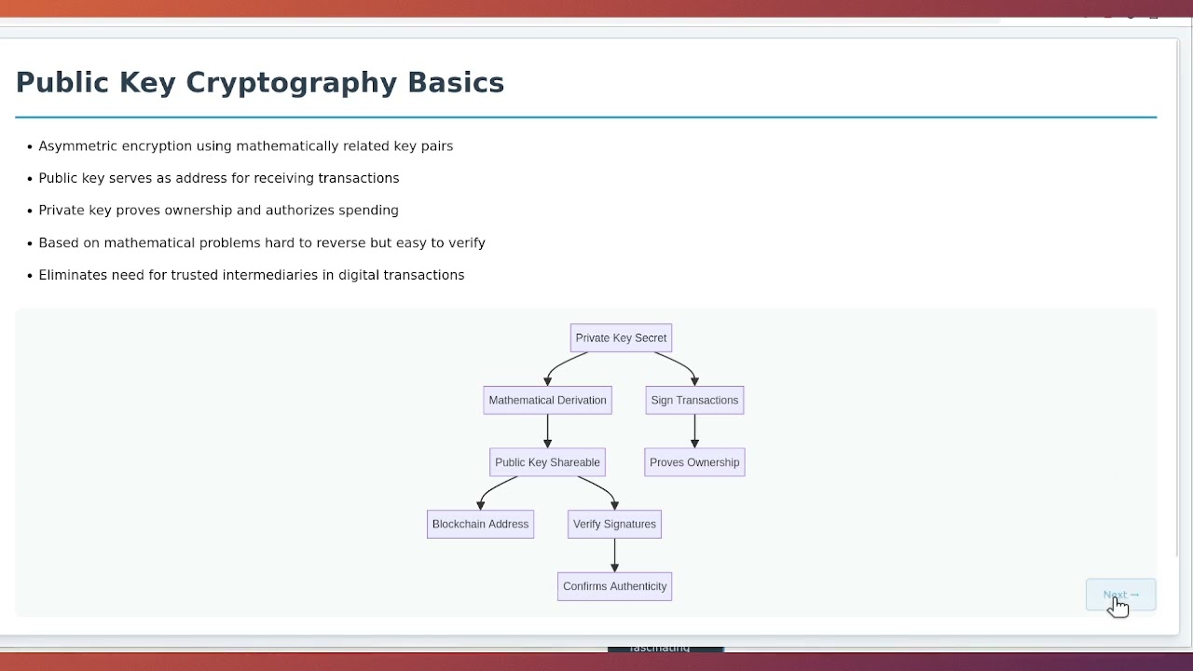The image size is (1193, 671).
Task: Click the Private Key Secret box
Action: pos(621,338)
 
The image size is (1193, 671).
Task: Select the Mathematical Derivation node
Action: pos(547,401)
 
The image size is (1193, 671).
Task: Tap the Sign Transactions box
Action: pos(694,401)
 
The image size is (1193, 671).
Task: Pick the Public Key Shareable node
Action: pos(547,462)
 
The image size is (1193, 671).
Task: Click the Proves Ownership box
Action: pos(694,462)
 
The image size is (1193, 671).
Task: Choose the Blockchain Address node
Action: pos(480,525)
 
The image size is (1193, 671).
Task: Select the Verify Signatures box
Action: pos(614,525)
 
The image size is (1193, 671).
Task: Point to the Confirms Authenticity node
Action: pos(614,587)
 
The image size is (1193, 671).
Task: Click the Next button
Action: pos(1120,595)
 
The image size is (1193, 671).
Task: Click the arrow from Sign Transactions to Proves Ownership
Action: pos(694,431)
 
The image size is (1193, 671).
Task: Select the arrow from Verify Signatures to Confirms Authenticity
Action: pos(614,555)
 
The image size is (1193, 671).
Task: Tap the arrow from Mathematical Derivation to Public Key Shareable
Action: pos(547,431)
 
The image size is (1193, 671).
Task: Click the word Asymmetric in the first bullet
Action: pos(77,146)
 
